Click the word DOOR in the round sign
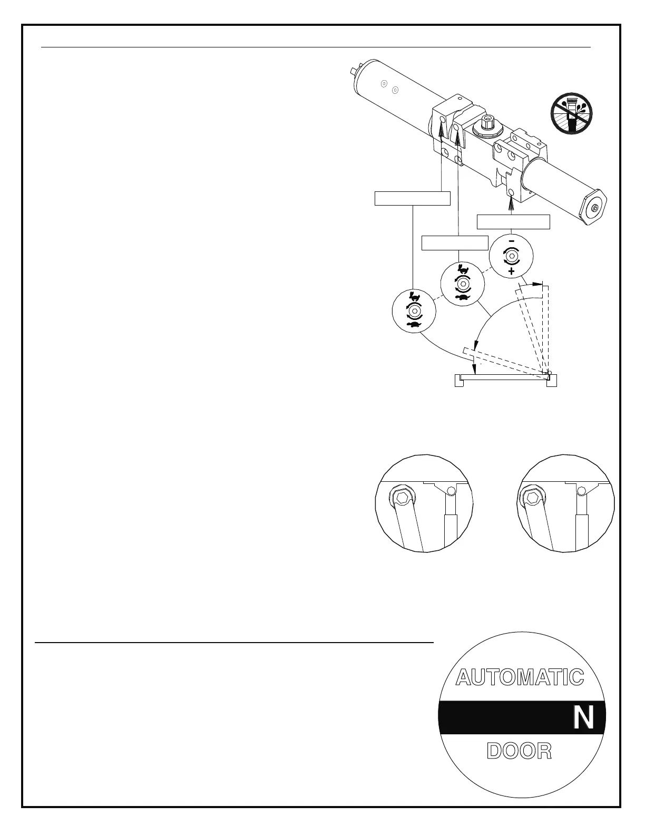click(520, 751)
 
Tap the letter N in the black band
click(583, 719)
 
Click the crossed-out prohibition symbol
click(571, 112)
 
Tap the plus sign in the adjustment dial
click(511, 271)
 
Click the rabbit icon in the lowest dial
click(414, 297)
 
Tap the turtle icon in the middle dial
click(463, 298)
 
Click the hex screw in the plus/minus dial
click(511, 257)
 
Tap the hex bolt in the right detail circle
click(532, 497)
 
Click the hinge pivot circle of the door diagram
click(549, 373)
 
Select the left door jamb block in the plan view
click(459, 381)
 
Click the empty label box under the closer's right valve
click(513, 222)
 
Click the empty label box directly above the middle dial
click(455, 243)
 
